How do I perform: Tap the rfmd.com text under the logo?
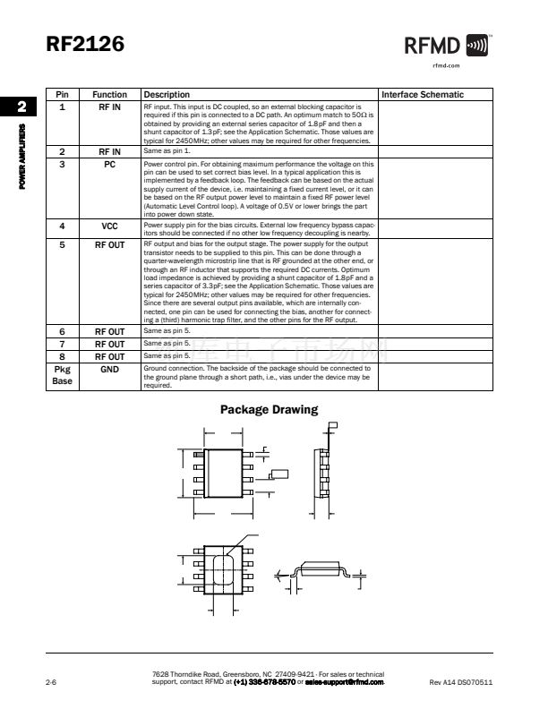click(445, 65)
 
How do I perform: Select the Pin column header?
click(62, 94)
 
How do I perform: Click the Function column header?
click(109, 94)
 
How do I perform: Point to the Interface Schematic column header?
click(423, 94)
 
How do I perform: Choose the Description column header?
click(167, 94)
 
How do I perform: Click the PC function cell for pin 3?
click(109, 165)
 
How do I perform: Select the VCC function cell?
click(109, 226)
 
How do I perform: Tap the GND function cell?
click(109, 368)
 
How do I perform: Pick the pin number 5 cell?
click(62, 243)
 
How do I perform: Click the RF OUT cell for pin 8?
click(109, 355)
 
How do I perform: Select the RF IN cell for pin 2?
click(109, 152)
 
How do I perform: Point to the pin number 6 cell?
click(62, 331)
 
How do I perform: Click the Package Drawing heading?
click(269, 410)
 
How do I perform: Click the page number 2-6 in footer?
click(52, 683)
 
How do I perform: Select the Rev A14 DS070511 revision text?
click(462, 683)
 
